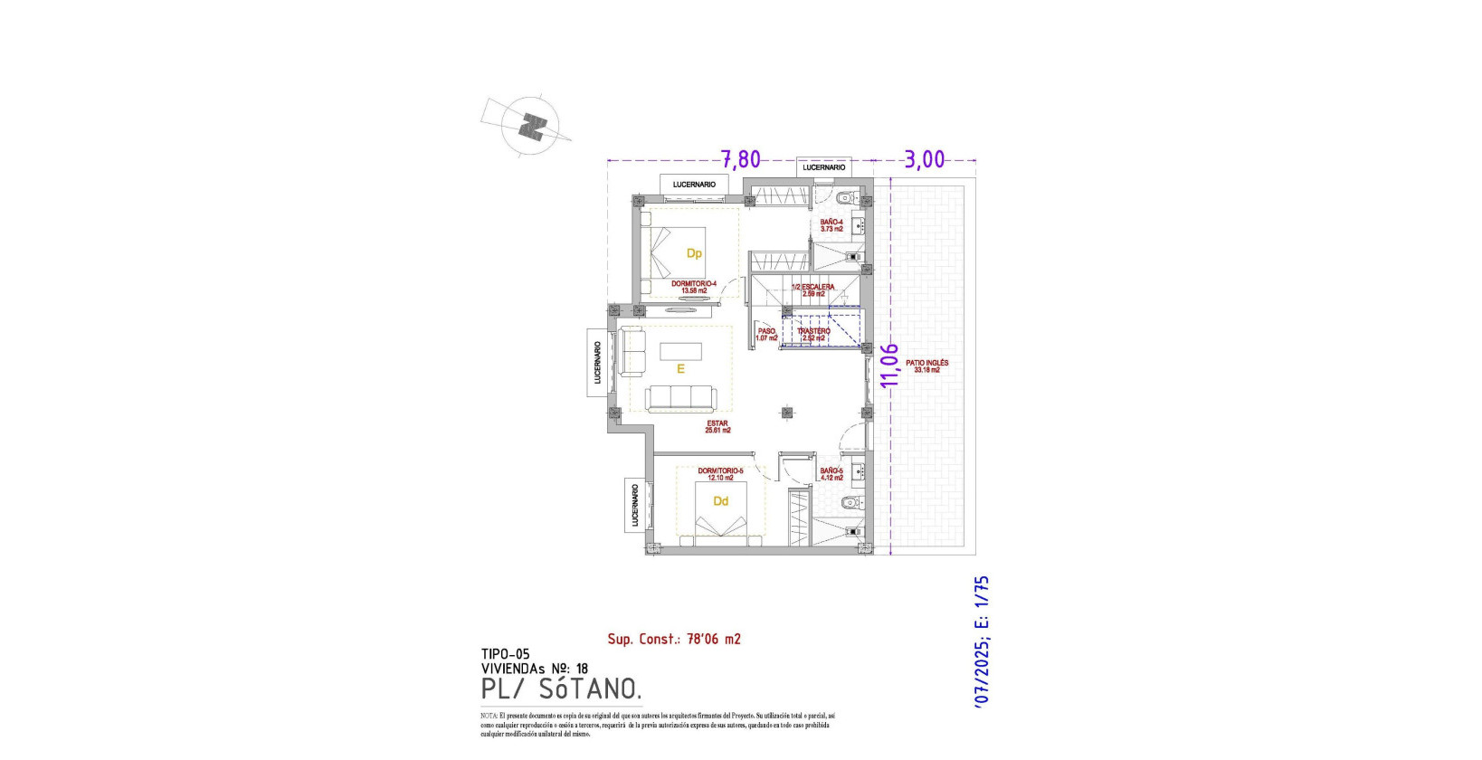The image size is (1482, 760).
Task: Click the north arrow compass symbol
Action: click(533, 126)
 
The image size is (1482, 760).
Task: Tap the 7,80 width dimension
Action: click(740, 159)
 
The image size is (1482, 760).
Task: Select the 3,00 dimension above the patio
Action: click(925, 160)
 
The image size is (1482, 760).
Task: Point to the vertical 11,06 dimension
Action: click(890, 365)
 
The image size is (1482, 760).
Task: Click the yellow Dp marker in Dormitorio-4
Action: click(694, 253)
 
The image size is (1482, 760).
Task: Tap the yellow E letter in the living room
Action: click(680, 369)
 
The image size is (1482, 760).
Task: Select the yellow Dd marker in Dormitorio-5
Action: click(721, 501)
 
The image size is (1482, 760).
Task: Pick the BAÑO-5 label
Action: click(831, 474)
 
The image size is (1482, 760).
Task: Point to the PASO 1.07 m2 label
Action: click(766, 335)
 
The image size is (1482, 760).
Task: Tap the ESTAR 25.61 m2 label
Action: click(717, 427)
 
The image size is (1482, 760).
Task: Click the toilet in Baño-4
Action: click(845, 198)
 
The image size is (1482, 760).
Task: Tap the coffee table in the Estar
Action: click(680, 350)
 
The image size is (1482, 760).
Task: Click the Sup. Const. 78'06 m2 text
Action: click(673, 639)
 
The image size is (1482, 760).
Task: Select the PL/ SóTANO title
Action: click(562, 689)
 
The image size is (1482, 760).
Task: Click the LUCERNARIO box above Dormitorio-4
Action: click(694, 185)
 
